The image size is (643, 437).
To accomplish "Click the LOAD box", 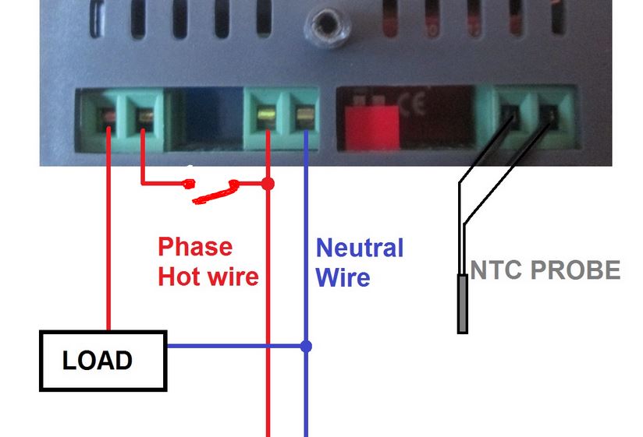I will click(x=103, y=360).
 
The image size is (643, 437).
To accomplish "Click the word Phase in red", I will click(x=195, y=248).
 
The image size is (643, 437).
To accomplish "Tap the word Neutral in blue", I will click(x=359, y=248).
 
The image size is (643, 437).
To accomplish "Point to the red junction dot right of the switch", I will click(x=268, y=184).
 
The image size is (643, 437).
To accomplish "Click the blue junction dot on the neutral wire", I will click(x=306, y=345).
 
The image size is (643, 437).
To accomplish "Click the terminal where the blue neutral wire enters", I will click(x=304, y=118).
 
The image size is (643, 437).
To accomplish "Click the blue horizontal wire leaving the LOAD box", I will click(x=234, y=345).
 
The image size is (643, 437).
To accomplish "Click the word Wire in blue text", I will click(x=343, y=277).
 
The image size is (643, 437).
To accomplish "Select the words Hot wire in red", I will click(x=208, y=276).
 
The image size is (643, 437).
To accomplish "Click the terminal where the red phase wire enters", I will click(x=267, y=118).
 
